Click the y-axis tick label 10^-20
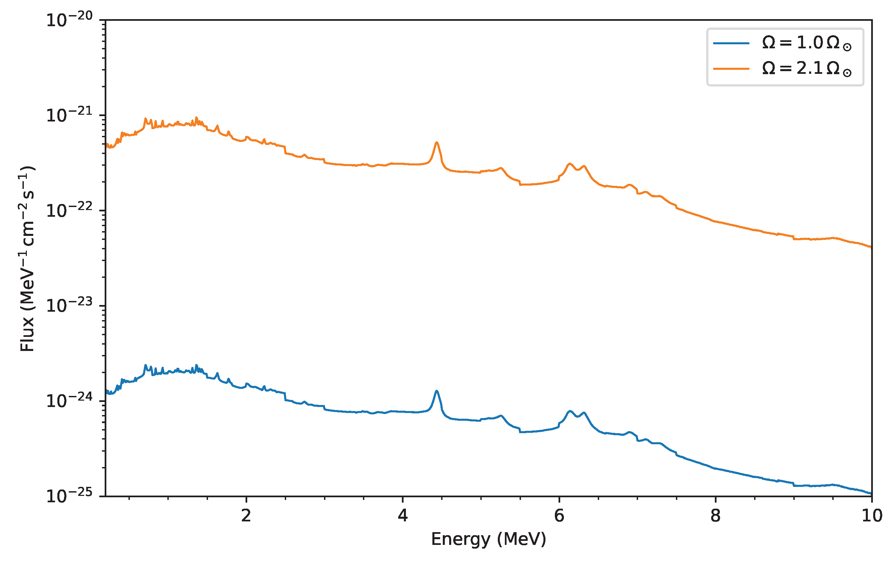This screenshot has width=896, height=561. [69, 20]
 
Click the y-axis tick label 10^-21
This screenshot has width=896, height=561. [69, 115]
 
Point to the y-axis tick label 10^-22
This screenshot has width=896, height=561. [69, 210]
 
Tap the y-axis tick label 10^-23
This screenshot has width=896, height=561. [69, 306]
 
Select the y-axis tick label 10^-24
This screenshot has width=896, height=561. [69, 401]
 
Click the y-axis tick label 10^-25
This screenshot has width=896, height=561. [69, 496]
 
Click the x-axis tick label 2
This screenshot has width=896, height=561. [246, 516]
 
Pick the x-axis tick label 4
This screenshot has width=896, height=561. [403, 516]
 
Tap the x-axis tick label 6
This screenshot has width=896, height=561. [559, 516]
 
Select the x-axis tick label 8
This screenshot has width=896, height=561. [716, 516]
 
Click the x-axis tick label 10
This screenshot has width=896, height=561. [872, 516]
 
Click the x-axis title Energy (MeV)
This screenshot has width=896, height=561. [488, 539]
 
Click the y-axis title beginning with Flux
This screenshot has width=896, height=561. [28, 258]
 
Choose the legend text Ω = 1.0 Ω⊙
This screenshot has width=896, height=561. [807, 43]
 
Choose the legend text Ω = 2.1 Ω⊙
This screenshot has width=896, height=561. [807, 69]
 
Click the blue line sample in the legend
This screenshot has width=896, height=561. [731, 43]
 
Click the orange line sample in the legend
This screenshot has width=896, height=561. [731, 69]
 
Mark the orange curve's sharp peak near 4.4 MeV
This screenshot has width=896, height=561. [437, 143]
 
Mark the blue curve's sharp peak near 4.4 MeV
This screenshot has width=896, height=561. [437, 391]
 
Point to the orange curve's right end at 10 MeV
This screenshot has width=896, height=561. [871, 247]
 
